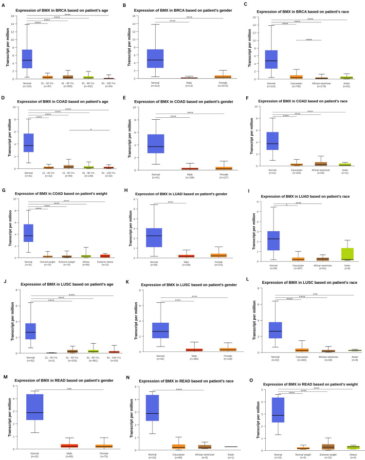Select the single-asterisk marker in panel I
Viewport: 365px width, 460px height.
tap(287, 204)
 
